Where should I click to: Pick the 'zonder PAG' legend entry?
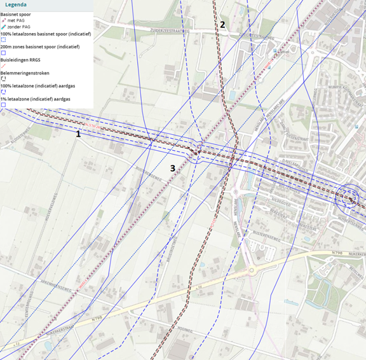tap(18, 27)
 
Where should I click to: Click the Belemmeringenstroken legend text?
tap(25, 73)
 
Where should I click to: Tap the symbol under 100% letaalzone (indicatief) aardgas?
tap(3, 93)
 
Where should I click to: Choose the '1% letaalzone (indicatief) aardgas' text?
tap(35, 100)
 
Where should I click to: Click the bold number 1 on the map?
tap(78, 134)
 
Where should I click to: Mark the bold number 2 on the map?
tap(222, 25)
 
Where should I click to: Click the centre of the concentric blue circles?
tap(349, 198)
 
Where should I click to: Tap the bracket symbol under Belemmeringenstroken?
tap(3, 80)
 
